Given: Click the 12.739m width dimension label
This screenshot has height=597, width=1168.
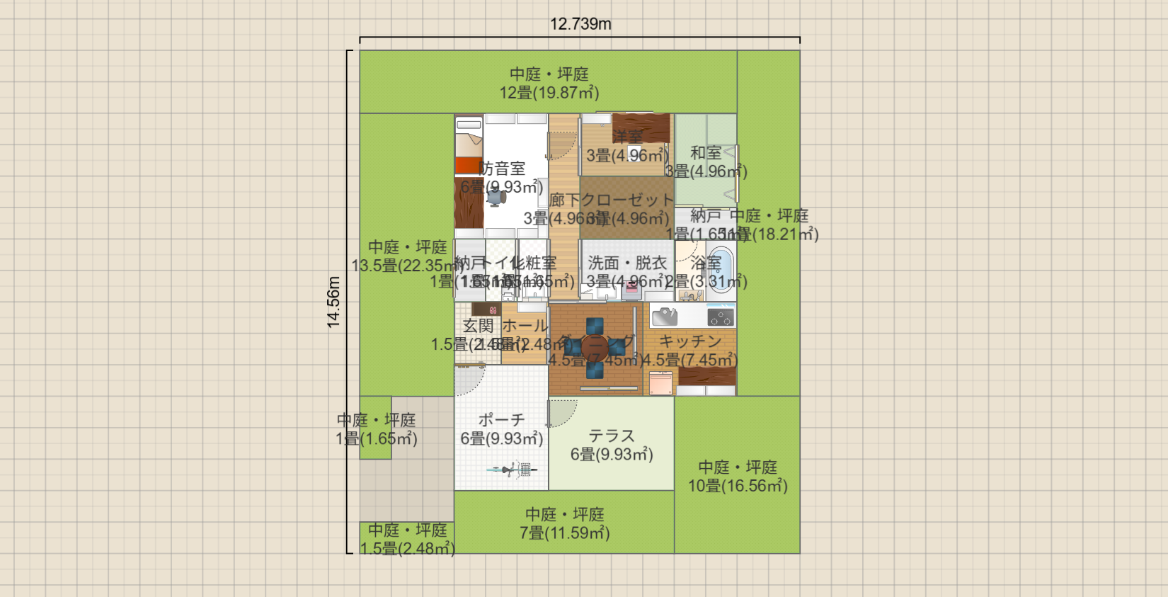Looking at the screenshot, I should pos(580,24).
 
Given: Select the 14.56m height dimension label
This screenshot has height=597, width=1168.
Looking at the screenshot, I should pos(333,302).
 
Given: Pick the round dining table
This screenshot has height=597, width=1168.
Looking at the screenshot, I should pos(595,346).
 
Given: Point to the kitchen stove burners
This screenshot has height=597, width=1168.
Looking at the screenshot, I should pos(721,317).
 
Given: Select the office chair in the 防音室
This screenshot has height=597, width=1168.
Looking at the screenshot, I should pos(496,197).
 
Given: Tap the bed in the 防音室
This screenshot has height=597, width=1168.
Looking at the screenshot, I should pos(469,146).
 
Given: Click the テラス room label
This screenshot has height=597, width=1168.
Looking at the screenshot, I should pos(612,436).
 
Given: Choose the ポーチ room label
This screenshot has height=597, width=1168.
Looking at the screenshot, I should pos(501,420).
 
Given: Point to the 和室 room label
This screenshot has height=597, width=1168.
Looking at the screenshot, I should pos(706,152).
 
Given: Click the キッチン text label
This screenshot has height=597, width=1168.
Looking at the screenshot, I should pos(690,341).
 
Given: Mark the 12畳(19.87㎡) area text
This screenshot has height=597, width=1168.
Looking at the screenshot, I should pos(549,93).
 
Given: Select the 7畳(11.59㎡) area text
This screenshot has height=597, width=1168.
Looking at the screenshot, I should pos(565,533).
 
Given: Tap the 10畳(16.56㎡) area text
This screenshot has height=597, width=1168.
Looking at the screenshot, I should pos(738,486).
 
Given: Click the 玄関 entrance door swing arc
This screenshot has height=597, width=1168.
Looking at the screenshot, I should pos(469,380).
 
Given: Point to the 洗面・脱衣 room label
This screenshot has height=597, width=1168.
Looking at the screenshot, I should pos(627,263).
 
